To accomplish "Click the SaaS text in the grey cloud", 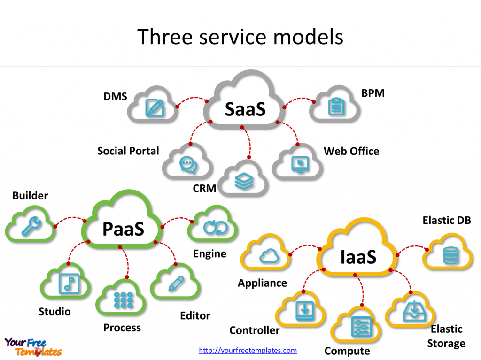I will click(x=245, y=109).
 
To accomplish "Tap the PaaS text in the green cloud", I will click(x=123, y=229).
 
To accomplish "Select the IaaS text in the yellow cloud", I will click(x=358, y=257).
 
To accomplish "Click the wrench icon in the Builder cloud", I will click(x=31, y=227).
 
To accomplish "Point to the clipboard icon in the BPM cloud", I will click(x=335, y=107).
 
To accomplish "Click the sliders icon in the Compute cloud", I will click(x=361, y=326).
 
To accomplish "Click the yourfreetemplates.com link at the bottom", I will click(x=248, y=350).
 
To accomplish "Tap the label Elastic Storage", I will click(x=446, y=336).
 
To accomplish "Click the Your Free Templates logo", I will click(x=33, y=347).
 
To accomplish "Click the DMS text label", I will click(x=115, y=97).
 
